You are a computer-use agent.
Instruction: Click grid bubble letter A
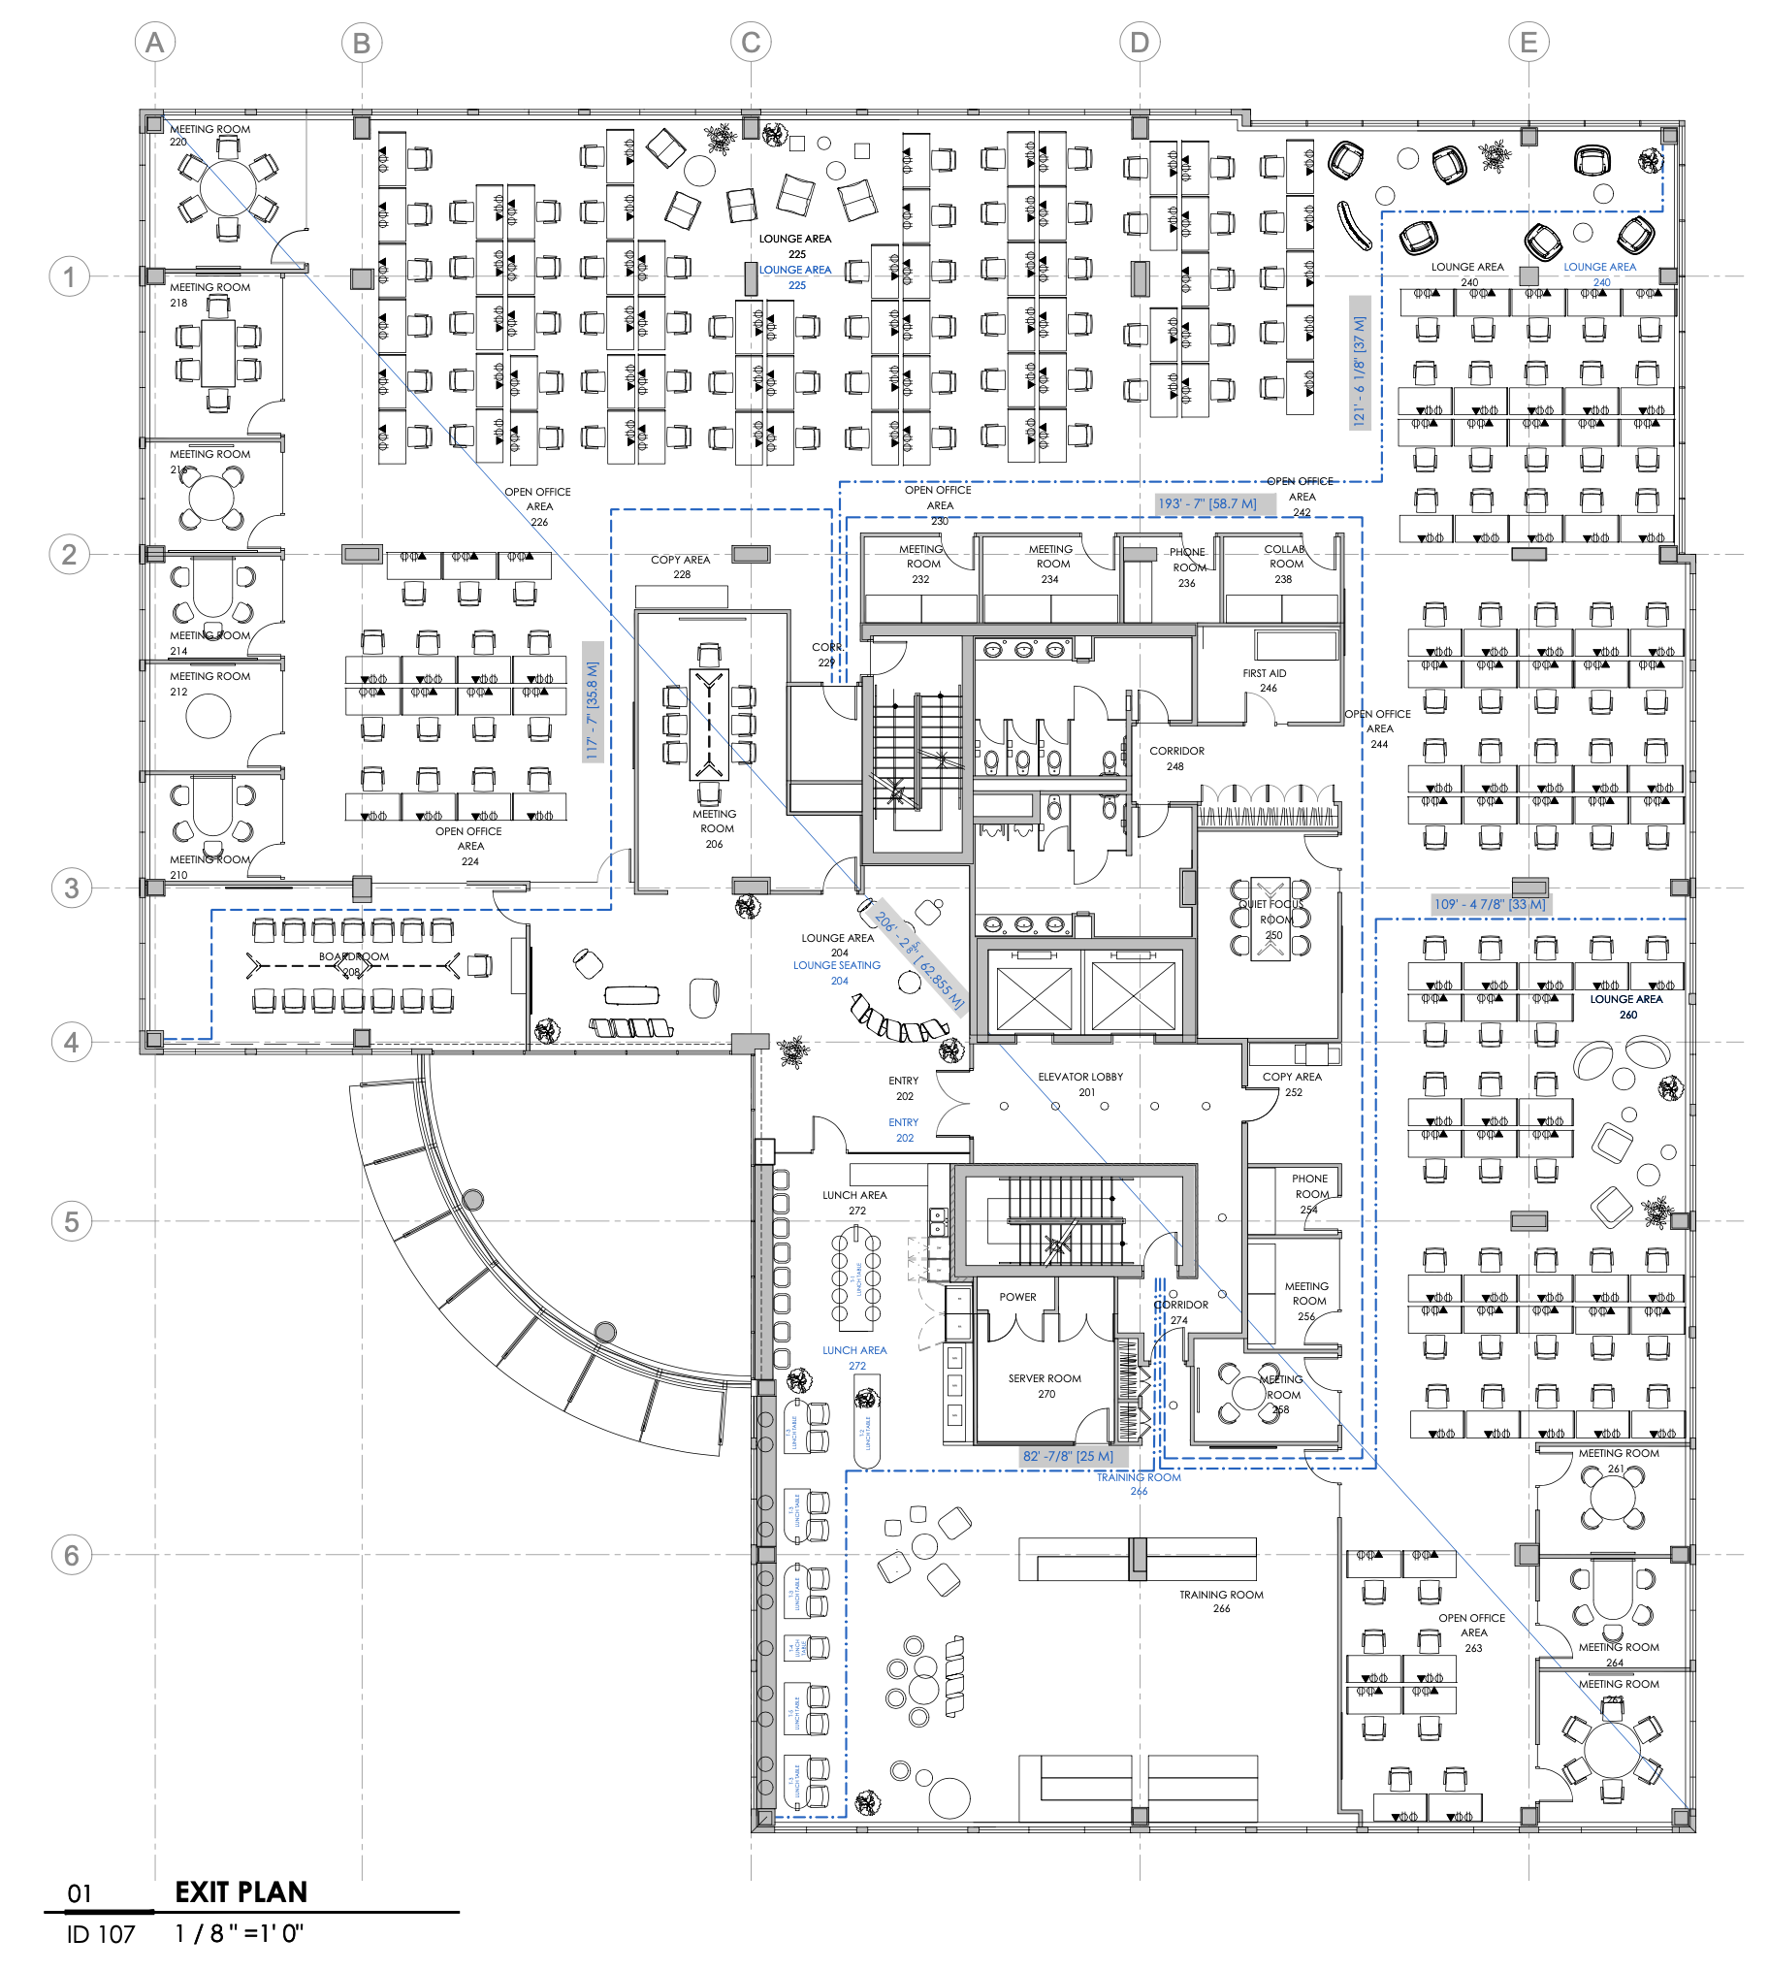(x=154, y=43)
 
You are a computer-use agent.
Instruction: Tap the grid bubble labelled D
(x=1140, y=43)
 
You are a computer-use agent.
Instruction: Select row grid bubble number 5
(x=71, y=1221)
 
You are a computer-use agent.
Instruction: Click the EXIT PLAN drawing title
(x=241, y=1891)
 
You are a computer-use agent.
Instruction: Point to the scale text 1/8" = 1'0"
(x=240, y=1933)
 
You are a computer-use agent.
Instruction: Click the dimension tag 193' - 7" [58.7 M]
(x=1207, y=504)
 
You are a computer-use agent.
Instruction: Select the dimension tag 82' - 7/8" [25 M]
(x=1067, y=1456)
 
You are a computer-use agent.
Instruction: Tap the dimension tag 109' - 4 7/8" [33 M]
(x=1489, y=904)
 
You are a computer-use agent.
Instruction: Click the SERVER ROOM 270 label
(x=1045, y=1385)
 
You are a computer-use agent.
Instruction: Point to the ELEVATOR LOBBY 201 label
(x=1079, y=1083)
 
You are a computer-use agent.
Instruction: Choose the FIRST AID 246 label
(x=1265, y=680)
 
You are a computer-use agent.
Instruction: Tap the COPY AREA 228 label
(x=681, y=566)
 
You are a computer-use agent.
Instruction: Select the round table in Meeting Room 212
(x=208, y=717)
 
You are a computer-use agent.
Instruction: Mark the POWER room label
(x=1017, y=1297)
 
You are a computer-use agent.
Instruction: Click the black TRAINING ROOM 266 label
(x=1221, y=1600)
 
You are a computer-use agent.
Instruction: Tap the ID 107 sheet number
(x=101, y=1934)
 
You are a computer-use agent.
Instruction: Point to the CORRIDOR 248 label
(x=1176, y=759)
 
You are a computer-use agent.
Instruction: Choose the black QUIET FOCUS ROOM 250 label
(x=1271, y=919)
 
